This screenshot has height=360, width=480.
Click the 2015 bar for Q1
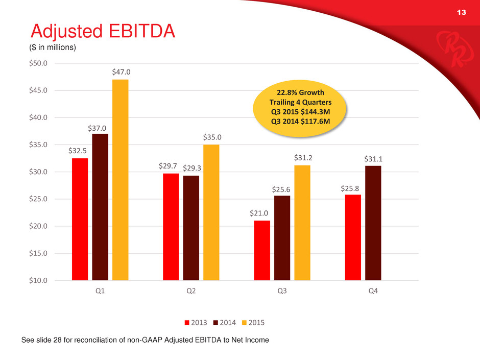(121, 180)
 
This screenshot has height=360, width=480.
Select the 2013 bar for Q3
(262, 250)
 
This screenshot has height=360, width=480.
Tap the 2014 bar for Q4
(373, 223)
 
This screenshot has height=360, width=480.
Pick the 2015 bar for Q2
(211, 212)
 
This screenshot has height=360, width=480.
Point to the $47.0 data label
(121, 73)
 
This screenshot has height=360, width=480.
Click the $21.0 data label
(262, 213)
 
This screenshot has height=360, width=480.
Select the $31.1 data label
(373, 159)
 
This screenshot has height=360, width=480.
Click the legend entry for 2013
(196, 323)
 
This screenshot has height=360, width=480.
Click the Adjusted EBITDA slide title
(103, 32)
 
